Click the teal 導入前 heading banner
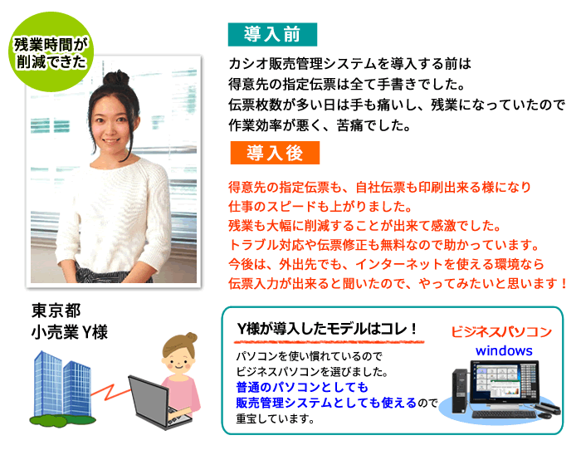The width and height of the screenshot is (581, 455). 272,35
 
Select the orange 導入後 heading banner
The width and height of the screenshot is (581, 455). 275,153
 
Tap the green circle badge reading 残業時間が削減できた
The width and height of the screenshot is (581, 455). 51,51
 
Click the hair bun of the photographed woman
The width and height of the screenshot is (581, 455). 116,78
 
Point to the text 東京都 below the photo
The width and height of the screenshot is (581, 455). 56,311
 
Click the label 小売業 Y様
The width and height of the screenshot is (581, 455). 69,331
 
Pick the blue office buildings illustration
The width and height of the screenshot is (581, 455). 62,384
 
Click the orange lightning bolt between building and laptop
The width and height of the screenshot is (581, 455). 110,392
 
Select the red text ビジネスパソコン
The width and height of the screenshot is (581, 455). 501,331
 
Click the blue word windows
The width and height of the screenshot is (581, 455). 504,350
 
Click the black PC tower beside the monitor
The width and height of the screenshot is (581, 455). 460,391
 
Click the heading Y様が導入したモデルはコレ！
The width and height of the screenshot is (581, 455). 328,329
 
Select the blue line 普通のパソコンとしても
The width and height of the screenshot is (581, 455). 302,387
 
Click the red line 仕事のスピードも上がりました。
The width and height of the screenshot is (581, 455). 320,207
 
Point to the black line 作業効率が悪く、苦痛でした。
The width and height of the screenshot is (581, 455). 320,125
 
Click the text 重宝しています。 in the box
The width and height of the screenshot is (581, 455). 276,418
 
